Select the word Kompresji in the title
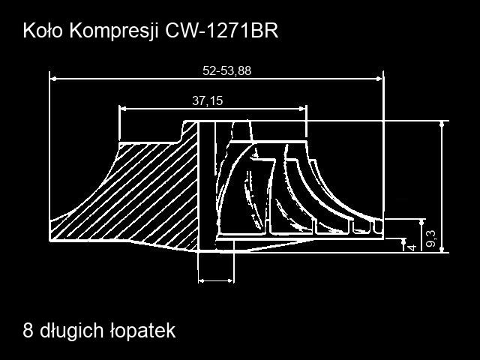[114, 31]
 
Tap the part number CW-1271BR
[222, 31]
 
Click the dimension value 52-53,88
[226, 70]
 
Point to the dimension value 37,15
[208, 100]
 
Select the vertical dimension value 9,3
[431, 238]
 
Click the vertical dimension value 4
[412, 247]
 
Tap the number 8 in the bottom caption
[28, 330]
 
